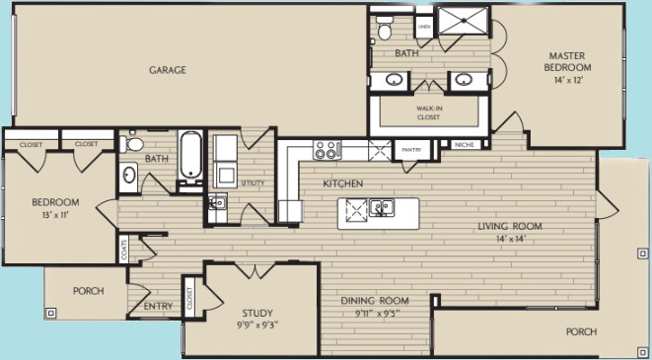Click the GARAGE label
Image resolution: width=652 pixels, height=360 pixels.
click(x=168, y=70)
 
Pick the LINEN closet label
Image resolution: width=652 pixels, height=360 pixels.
click(x=424, y=27)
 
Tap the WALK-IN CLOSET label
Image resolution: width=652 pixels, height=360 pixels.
click(x=428, y=112)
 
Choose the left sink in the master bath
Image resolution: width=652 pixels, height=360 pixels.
click(x=394, y=79)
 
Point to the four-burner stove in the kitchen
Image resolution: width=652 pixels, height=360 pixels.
click(x=326, y=149)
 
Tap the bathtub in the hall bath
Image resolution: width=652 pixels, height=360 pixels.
click(x=190, y=157)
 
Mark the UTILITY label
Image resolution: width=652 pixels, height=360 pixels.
click(x=254, y=182)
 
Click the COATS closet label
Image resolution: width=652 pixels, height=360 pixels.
click(x=123, y=249)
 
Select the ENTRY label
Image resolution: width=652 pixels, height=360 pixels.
click(x=158, y=306)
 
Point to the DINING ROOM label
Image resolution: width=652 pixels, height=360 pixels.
click(x=375, y=300)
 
